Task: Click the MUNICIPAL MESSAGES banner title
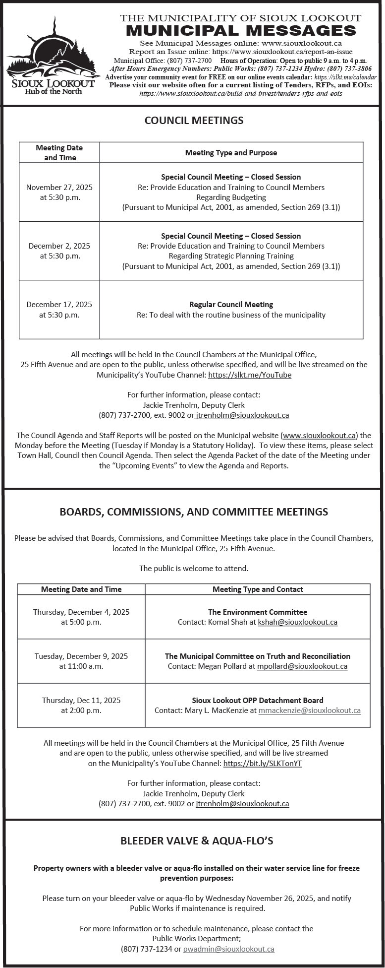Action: [x=241, y=31]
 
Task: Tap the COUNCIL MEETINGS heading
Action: [x=194, y=121]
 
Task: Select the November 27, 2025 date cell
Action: [x=59, y=192]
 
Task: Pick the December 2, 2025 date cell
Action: [x=59, y=251]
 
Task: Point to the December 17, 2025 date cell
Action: [x=59, y=310]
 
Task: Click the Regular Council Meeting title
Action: [x=231, y=304]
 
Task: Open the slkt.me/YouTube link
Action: [x=250, y=375]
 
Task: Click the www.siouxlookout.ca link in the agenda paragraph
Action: [x=320, y=436]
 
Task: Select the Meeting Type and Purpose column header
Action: [x=231, y=153]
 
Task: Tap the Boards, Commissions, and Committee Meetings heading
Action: [x=194, y=512]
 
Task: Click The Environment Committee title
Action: [x=258, y=612]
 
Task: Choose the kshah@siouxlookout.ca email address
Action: [x=297, y=622]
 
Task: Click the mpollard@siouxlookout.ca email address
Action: [x=302, y=666]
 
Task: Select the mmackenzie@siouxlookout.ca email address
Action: [x=310, y=710]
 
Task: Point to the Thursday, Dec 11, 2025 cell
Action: [x=81, y=706]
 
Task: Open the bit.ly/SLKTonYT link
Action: [x=262, y=764]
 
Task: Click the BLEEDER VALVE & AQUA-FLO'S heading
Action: [x=197, y=841]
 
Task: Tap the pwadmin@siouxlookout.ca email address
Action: [x=228, y=949]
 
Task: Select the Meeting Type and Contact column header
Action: [x=258, y=589]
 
